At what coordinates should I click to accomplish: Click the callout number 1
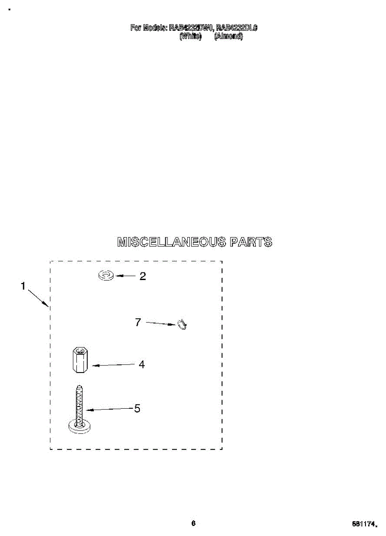[23, 286]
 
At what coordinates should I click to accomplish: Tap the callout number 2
[143, 276]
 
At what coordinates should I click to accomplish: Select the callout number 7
[138, 322]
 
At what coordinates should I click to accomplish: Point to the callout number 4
[142, 364]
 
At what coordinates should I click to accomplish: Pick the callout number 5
[138, 408]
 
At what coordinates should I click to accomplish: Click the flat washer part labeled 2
[106, 276]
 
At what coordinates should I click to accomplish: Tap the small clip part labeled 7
[182, 325]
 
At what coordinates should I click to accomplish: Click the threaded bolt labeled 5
[79, 404]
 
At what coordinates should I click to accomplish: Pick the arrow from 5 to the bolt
[110, 409]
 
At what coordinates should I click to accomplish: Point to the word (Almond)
[228, 37]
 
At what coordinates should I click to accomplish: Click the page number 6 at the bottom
[193, 523]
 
